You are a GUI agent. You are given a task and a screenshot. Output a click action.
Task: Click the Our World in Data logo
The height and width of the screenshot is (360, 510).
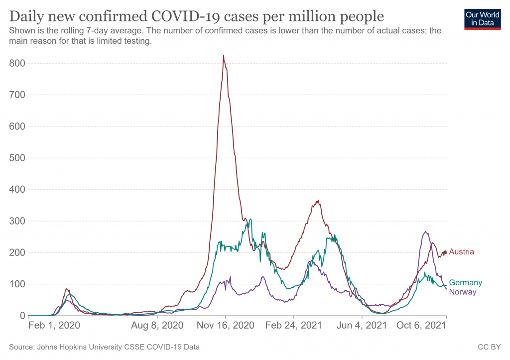(x=482, y=18)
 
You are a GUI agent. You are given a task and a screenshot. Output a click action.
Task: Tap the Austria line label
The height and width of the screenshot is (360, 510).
(x=461, y=252)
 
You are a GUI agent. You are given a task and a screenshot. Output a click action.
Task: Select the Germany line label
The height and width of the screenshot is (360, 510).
(x=465, y=283)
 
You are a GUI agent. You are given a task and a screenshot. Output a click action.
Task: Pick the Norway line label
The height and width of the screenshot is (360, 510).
(x=463, y=292)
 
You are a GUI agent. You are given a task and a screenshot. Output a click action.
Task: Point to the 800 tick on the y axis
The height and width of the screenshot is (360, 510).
(x=17, y=63)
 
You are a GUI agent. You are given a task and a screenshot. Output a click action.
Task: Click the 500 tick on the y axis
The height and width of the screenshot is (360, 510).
(x=17, y=158)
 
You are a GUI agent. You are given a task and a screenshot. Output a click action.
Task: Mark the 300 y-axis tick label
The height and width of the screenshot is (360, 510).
(x=17, y=221)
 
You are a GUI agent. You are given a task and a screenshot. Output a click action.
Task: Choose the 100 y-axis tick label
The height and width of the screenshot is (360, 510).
(x=17, y=284)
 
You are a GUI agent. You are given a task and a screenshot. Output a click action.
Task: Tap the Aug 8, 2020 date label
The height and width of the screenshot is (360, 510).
(x=156, y=326)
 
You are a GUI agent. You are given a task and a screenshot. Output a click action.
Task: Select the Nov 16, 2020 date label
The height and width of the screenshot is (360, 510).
(x=225, y=326)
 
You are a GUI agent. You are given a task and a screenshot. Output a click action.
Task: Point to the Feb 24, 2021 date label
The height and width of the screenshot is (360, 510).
(x=294, y=326)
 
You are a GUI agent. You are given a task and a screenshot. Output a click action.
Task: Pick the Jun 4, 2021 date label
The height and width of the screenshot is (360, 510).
(x=363, y=326)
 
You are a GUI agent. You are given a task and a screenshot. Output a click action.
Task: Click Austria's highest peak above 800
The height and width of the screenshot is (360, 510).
(x=223, y=55)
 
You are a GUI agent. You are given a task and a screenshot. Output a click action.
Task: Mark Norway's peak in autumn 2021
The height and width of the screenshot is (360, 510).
(x=425, y=232)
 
